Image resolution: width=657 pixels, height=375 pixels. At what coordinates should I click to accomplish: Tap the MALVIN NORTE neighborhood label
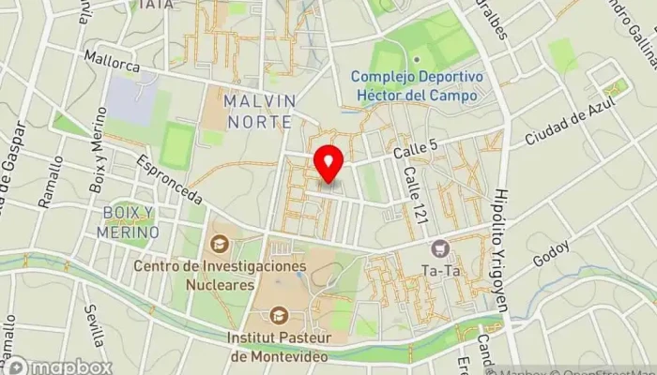pyautogui.click(x=260, y=108)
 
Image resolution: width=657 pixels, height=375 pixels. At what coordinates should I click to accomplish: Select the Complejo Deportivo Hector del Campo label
pyautogui.click(x=417, y=85)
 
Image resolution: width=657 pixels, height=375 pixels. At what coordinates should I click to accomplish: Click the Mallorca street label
pyautogui.click(x=112, y=61)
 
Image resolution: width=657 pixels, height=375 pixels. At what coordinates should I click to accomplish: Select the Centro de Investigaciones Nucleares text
pyautogui.click(x=220, y=275)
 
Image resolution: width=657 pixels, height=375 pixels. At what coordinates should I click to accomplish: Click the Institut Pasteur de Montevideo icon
pyautogui.click(x=278, y=316)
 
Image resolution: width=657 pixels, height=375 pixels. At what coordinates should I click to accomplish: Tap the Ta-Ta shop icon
pyautogui.click(x=439, y=248)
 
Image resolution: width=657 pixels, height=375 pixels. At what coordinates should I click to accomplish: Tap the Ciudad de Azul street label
pyautogui.click(x=563, y=127)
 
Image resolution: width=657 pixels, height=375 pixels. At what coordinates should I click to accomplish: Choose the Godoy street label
pyautogui.click(x=550, y=252)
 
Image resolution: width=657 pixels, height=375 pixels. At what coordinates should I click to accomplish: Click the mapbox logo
pyautogui.click(x=58, y=365)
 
